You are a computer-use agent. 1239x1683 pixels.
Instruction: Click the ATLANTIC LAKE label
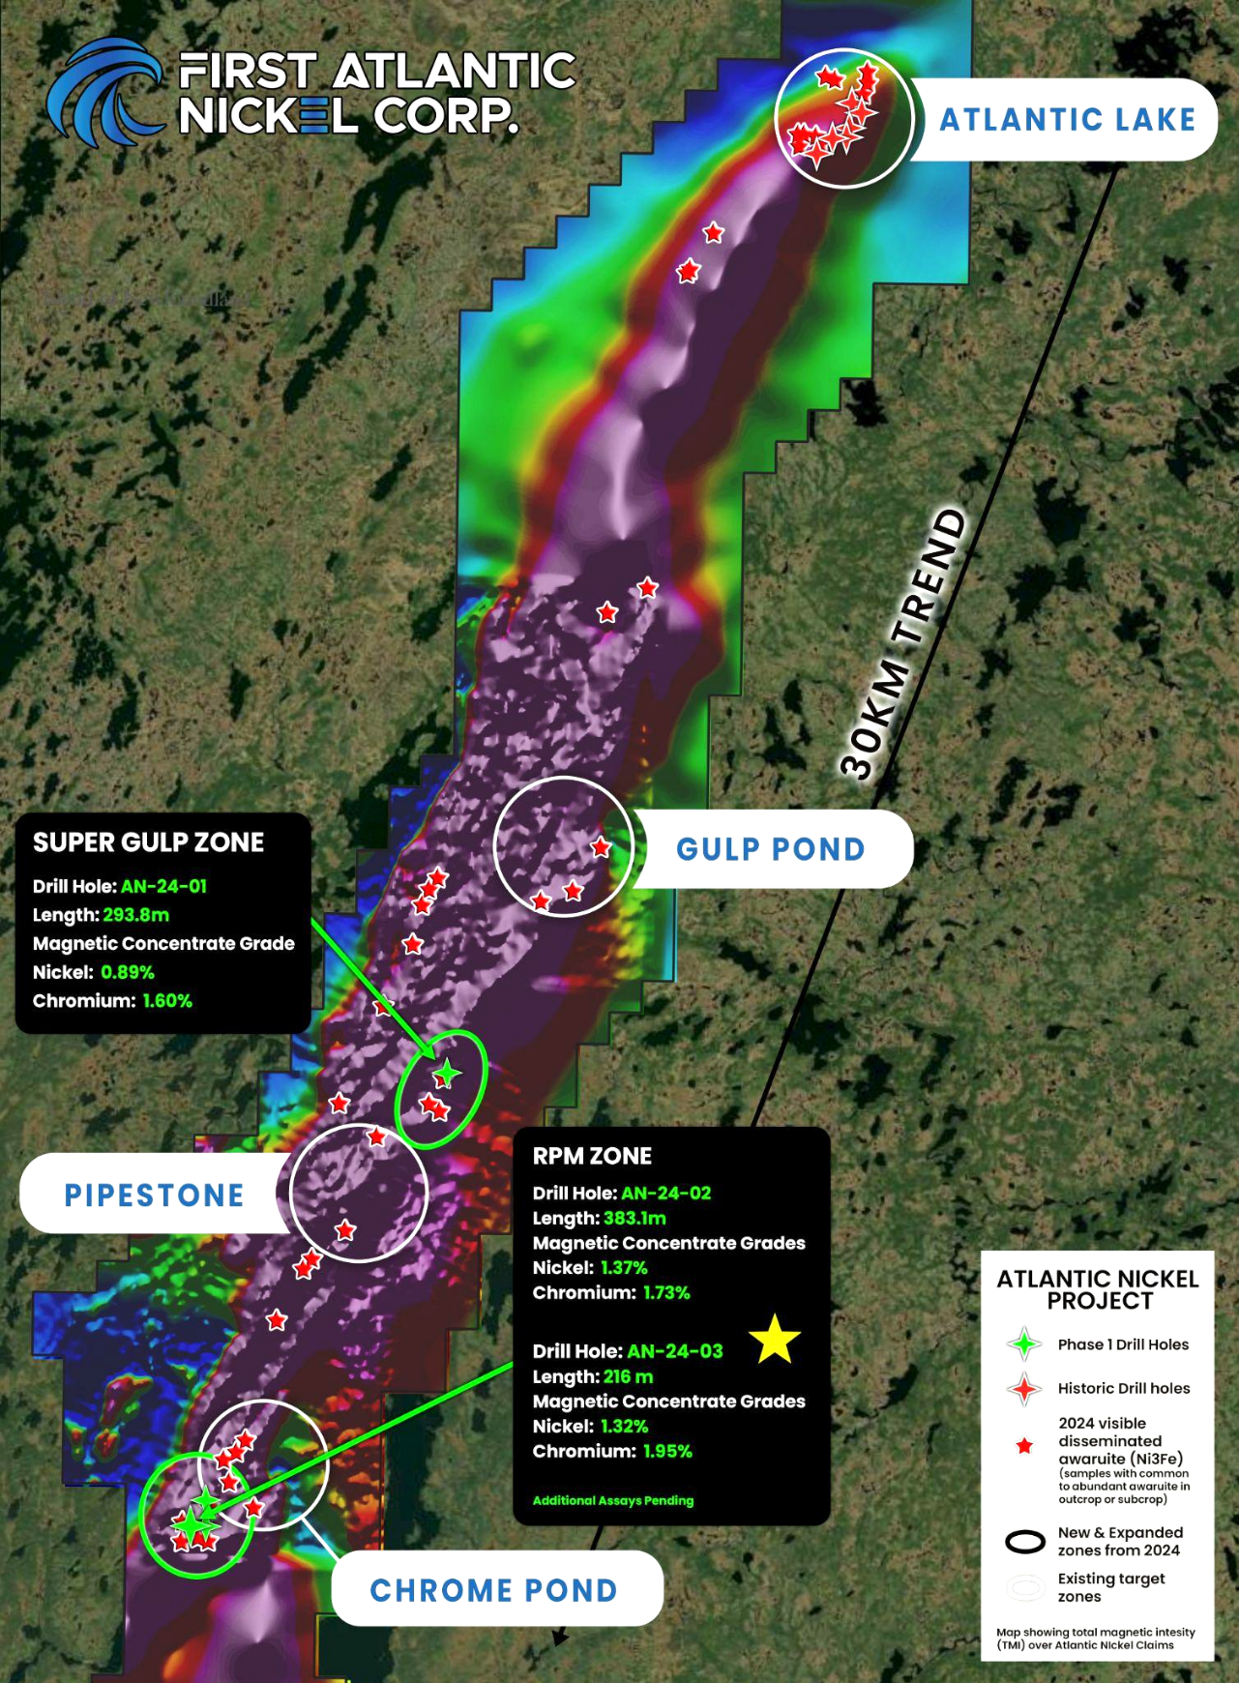point(1067,119)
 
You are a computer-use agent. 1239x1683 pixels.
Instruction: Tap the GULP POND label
point(770,849)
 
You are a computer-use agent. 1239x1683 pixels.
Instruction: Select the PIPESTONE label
point(154,1196)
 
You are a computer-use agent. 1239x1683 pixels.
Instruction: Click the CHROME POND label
point(493,1591)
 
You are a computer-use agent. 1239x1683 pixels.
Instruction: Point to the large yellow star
point(775,1340)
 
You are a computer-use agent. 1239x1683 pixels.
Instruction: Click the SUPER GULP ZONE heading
point(148,842)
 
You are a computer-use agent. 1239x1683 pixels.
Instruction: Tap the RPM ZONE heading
point(592,1156)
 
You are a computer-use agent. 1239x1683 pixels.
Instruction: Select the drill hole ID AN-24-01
point(163,886)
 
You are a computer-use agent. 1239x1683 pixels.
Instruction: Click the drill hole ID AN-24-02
point(665,1194)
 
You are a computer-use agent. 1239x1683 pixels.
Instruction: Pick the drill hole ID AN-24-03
point(675,1351)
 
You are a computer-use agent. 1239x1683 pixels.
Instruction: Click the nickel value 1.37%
point(624,1267)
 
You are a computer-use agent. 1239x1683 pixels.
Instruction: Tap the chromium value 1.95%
point(667,1451)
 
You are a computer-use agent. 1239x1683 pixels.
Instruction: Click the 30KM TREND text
point(902,644)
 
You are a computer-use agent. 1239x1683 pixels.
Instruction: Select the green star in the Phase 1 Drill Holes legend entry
point(1024,1344)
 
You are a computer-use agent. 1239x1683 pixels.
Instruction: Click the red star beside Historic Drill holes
point(1024,1389)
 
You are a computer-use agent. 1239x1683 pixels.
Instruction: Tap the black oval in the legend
point(1025,1542)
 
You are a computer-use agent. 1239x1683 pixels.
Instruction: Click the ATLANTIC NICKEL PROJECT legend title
point(1098,1290)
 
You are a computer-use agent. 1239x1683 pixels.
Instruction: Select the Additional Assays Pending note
point(613,1500)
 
